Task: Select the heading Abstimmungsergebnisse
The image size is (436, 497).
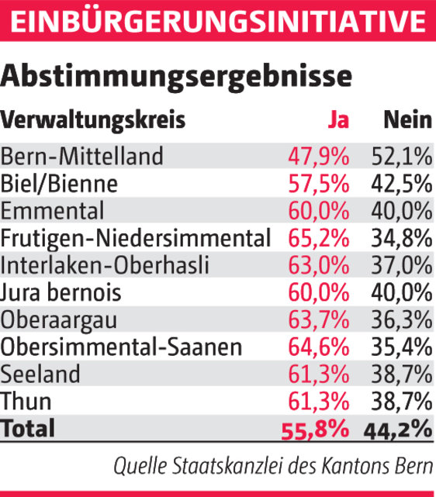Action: pyautogui.click(x=176, y=78)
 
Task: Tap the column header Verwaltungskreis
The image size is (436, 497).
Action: pyautogui.click(x=93, y=121)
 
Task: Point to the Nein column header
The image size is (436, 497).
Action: pyautogui.click(x=407, y=121)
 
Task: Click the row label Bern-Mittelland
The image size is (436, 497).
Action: pyautogui.click(x=82, y=157)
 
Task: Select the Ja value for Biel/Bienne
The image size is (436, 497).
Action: pyautogui.click(x=319, y=185)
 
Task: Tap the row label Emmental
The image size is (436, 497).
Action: pyautogui.click(x=53, y=211)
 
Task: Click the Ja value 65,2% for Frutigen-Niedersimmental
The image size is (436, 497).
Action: pyautogui.click(x=319, y=238)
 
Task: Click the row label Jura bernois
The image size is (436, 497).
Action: pyautogui.click(x=61, y=292)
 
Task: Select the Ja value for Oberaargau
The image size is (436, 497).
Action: pyautogui.click(x=319, y=319)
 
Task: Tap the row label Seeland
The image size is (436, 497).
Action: pyautogui.click(x=40, y=374)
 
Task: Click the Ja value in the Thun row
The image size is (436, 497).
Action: pyautogui.click(x=319, y=401)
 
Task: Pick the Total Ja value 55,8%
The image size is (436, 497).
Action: pyautogui.click(x=315, y=429)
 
